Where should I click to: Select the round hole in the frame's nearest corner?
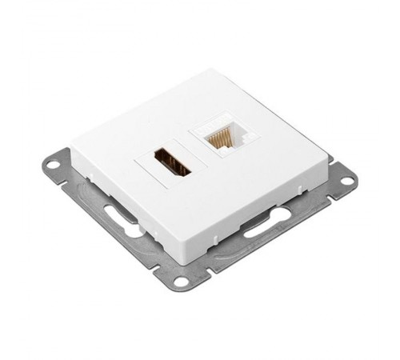pyautogui.click(x=182, y=282)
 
